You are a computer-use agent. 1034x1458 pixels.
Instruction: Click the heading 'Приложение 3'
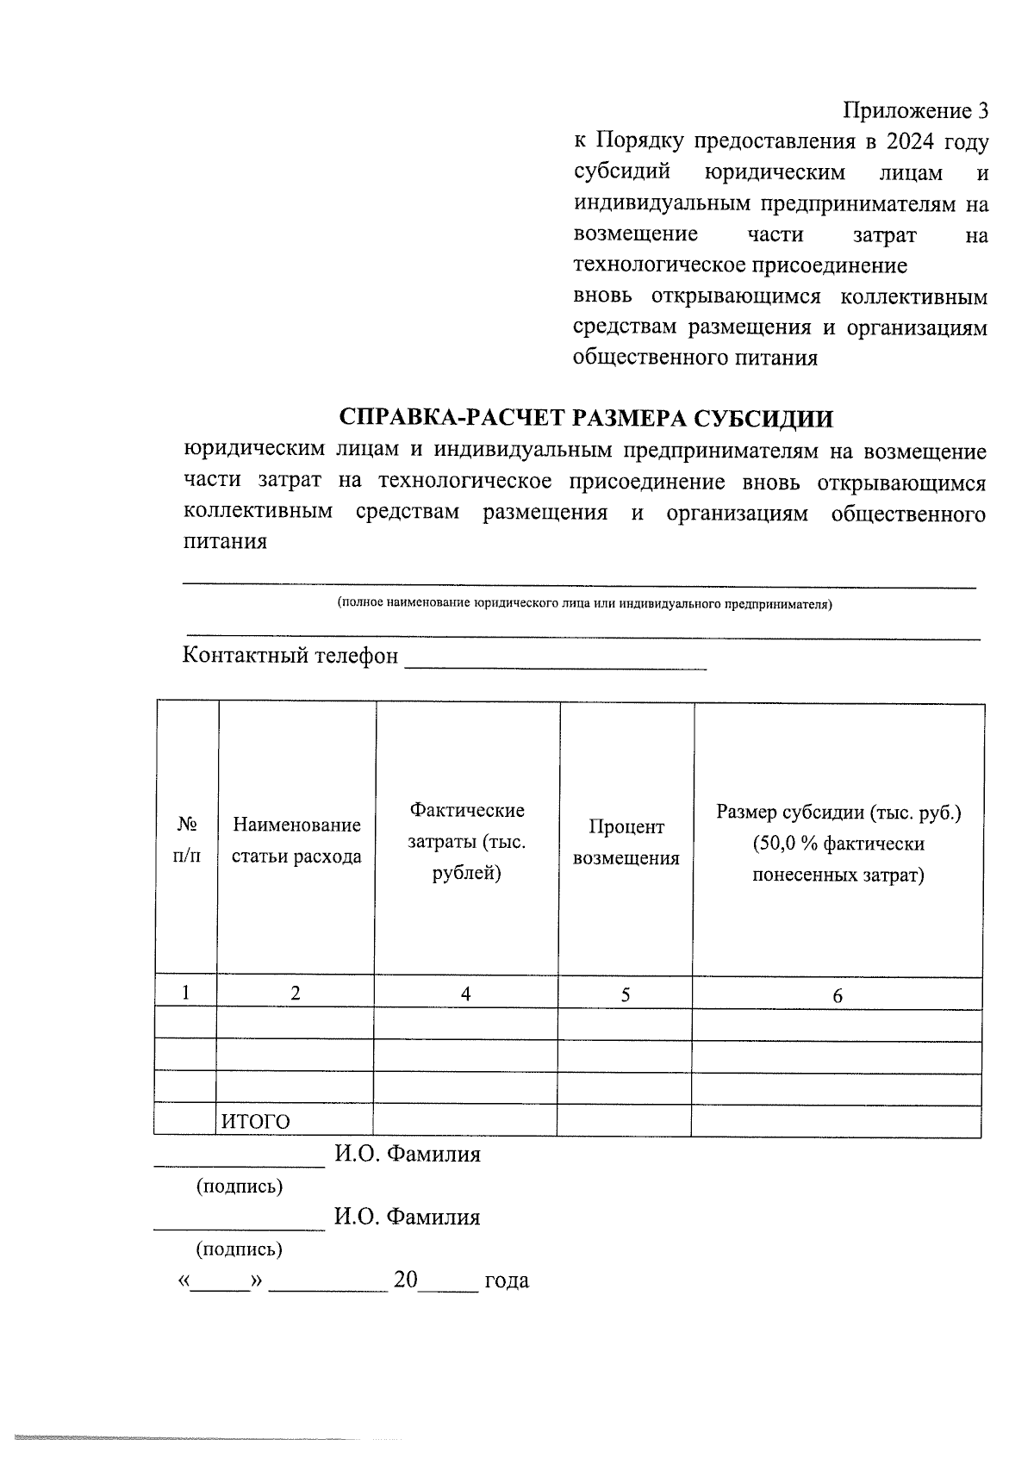click(914, 111)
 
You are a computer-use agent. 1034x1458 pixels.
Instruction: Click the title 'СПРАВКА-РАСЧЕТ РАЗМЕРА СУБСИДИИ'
click(587, 418)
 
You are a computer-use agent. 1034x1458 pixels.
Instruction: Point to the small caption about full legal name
click(585, 604)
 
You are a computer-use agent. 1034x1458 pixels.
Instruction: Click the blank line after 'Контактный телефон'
click(556, 660)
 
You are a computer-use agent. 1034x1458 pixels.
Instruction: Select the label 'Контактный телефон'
click(290, 656)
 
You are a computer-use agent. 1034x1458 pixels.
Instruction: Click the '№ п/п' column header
click(187, 840)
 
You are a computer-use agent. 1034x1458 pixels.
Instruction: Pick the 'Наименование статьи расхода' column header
click(296, 840)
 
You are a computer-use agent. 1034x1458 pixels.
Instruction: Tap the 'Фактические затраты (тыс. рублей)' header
click(466, 841)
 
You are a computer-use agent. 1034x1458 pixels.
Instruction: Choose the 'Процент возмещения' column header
click(626, 842)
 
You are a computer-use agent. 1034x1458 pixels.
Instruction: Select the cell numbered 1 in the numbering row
click(186, 992)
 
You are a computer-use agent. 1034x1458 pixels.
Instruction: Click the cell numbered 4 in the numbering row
click(465, 994)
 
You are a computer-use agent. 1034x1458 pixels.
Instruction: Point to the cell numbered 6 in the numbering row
click(837, 996)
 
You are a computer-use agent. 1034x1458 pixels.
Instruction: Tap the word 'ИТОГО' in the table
click(256, 1121)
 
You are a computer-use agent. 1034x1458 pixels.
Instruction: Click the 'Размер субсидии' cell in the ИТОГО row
click(836, 1121)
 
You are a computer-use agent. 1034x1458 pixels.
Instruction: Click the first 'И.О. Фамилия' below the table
click(407, 1154)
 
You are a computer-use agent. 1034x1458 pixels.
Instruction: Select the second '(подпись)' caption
click(240, 1249)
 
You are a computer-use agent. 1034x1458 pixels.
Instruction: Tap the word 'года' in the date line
click(507, 1280)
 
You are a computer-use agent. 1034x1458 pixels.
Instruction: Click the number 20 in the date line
click(405, 1280)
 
